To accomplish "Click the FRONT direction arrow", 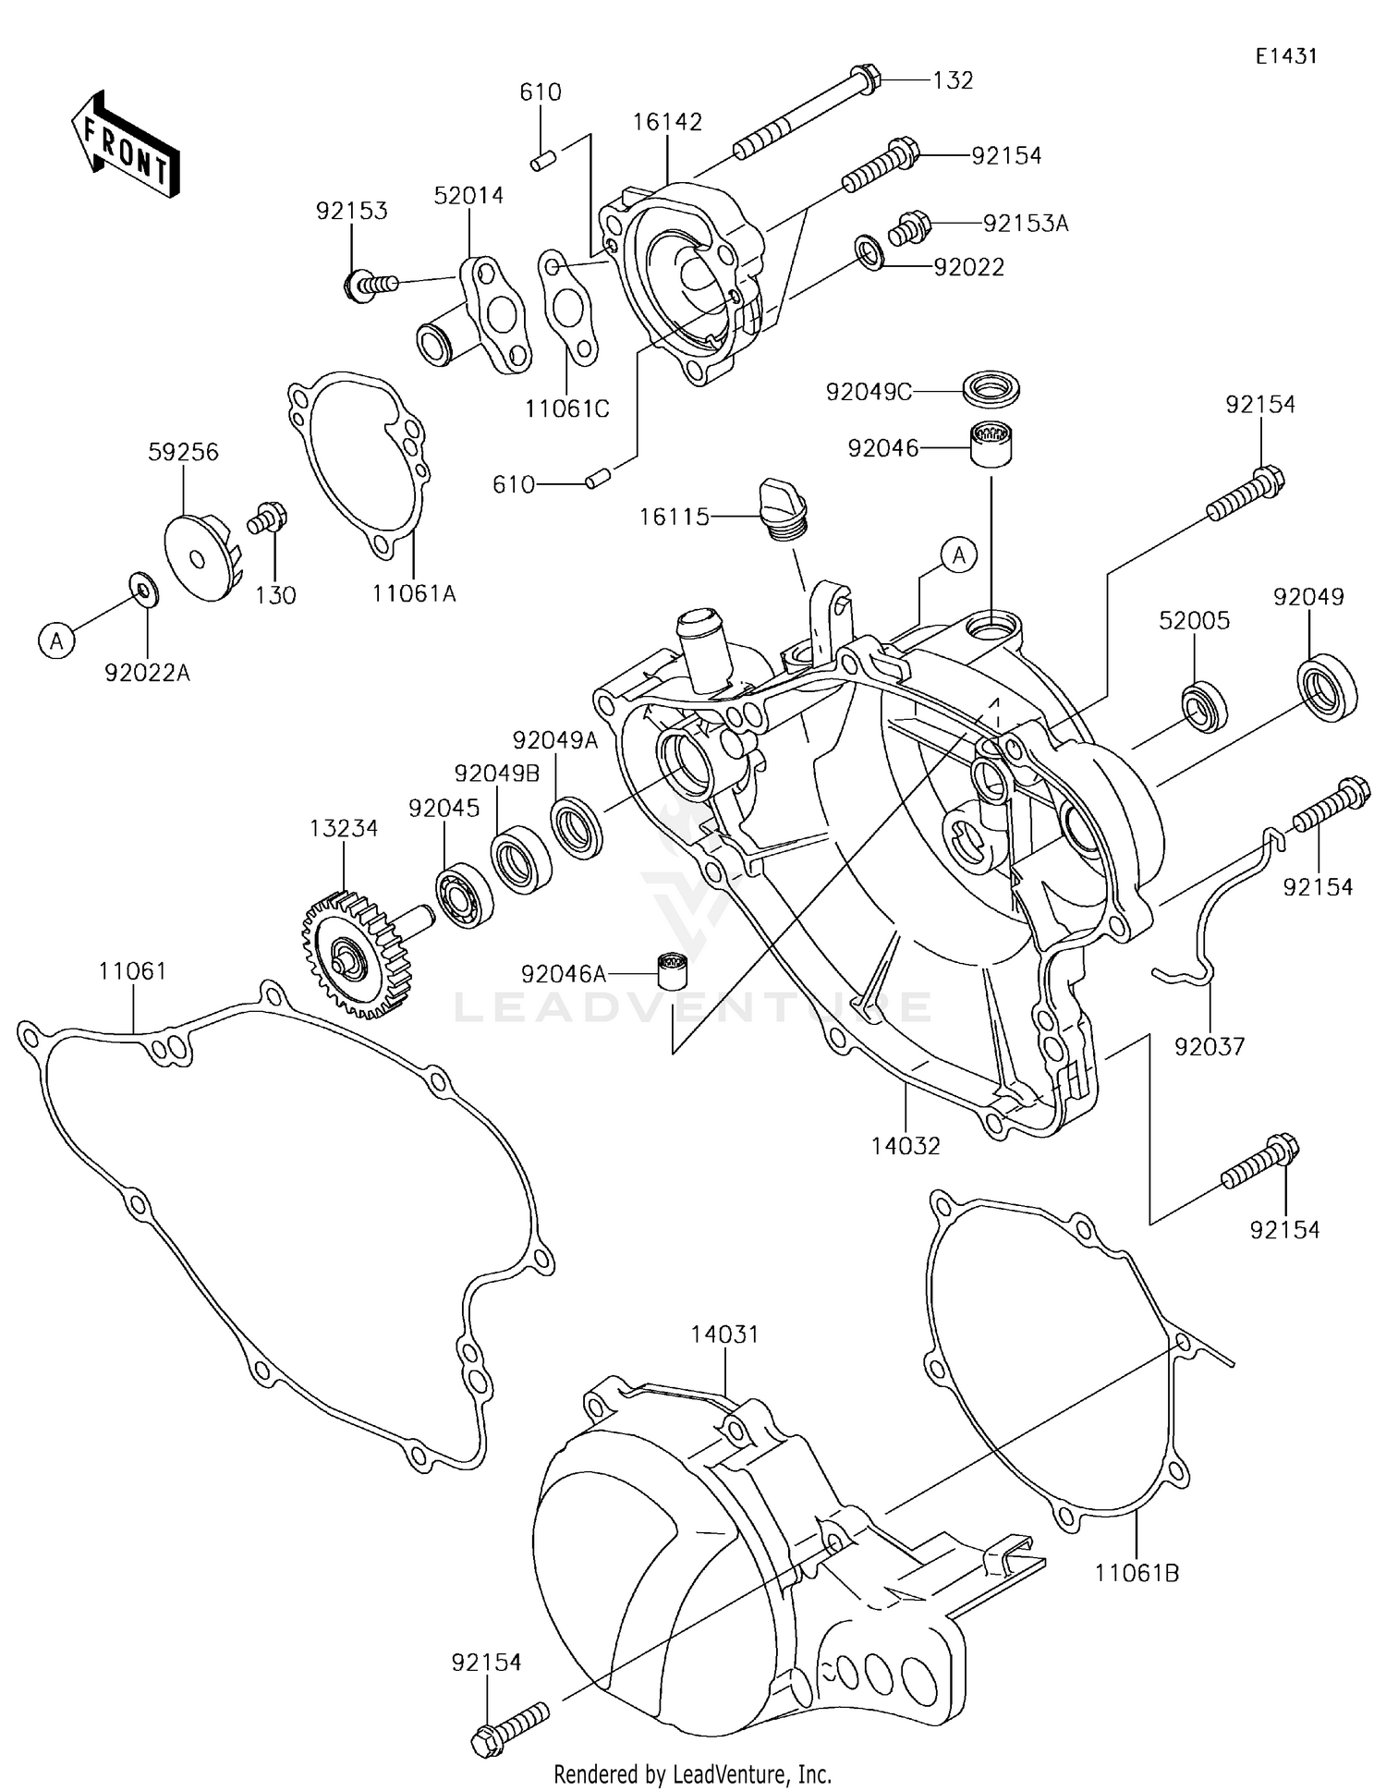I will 125,145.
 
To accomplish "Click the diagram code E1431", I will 1285,56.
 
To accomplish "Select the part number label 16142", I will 667,122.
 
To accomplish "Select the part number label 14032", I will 905,1146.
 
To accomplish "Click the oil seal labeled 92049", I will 1328,685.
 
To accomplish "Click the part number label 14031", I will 724,1334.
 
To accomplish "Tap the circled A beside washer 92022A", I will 57,640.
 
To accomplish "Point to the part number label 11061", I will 133,971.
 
